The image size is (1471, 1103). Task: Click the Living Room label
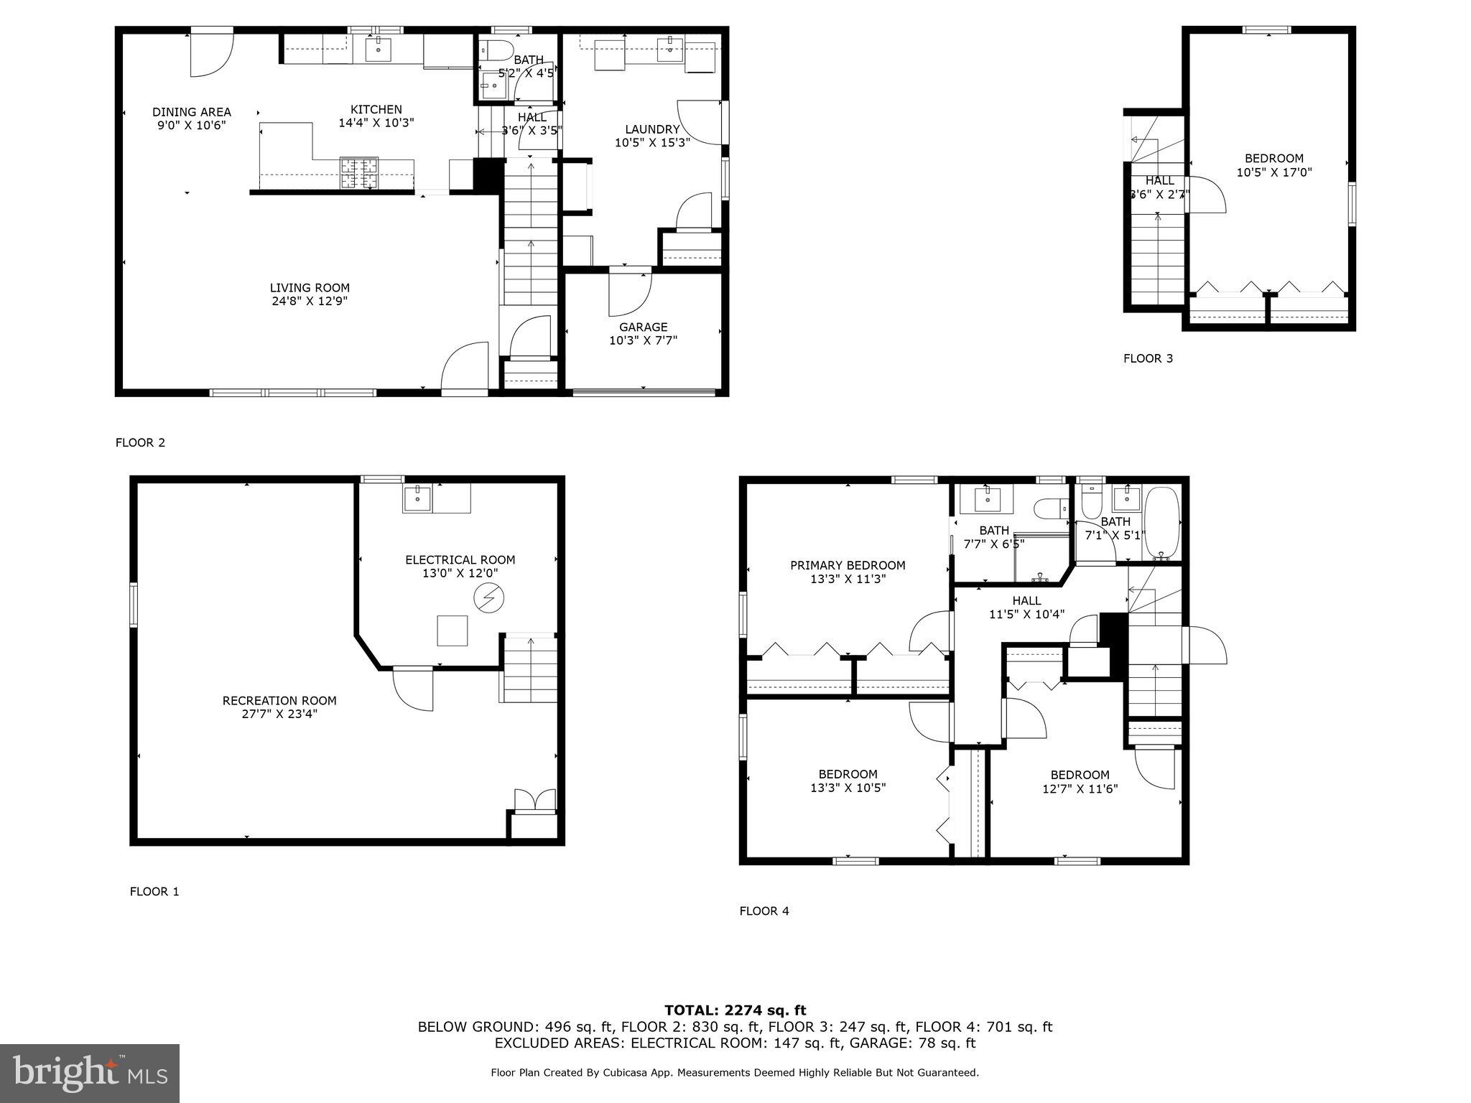point(310,288)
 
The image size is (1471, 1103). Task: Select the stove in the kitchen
point(359,173)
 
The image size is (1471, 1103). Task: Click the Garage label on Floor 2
point(643,327)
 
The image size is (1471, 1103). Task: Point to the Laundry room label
point(651,129)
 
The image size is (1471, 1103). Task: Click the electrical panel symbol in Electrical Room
point(488,597)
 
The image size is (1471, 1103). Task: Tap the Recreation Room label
point(279,700)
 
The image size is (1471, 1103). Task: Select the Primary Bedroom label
point(848,565)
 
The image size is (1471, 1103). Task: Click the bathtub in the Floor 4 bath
point(1161,523)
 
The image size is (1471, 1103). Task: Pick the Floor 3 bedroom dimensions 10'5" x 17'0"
point(1273,172)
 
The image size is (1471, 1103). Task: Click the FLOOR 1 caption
point(154,891)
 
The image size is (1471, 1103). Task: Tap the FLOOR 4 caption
point(764,911)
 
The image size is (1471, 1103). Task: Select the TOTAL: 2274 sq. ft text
point(735,1010)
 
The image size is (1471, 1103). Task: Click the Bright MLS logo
point(89,1073)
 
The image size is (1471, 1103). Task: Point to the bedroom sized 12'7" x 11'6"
point(1080,781)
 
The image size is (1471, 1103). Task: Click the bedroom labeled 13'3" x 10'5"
point(848,781)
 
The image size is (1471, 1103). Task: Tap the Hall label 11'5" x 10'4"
point(1026,608)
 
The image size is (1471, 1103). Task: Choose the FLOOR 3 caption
point(1148,358)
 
